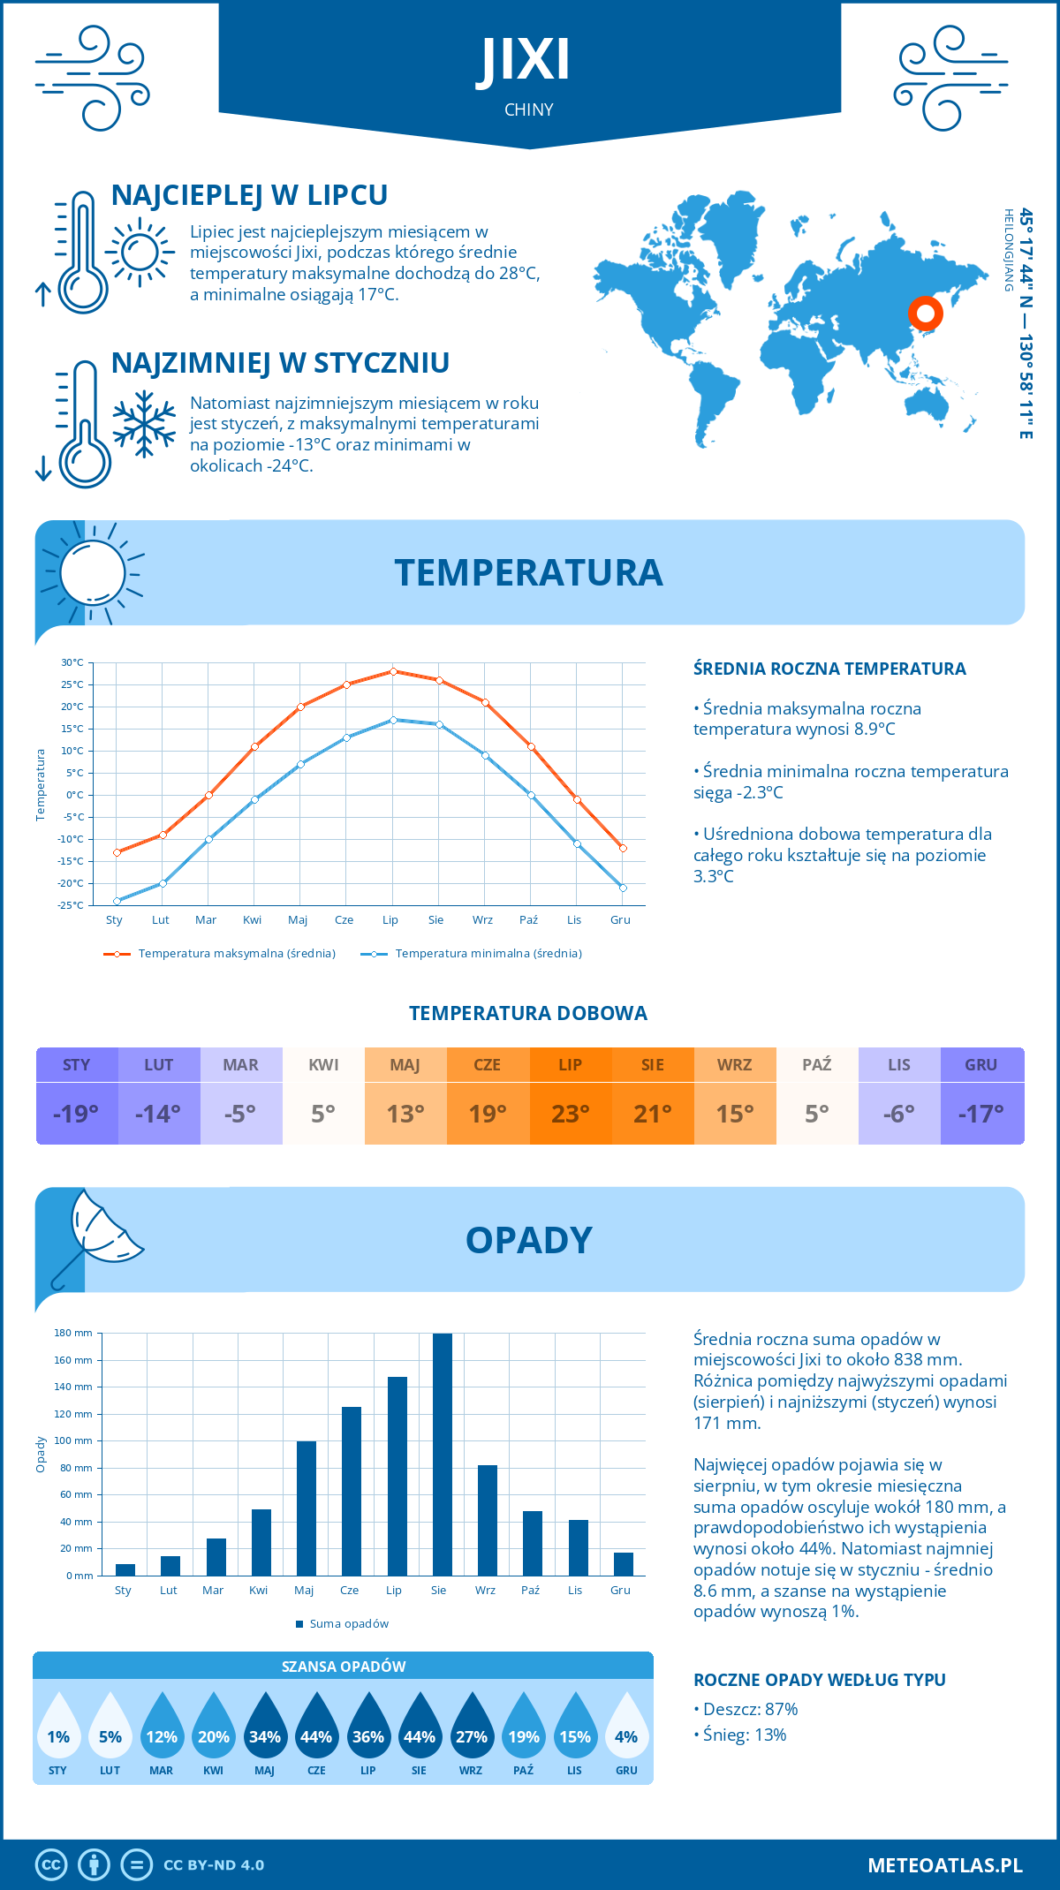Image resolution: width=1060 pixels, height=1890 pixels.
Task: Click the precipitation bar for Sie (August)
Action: coord(442,1455)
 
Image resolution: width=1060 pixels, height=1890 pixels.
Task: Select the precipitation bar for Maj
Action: coord(306,1508)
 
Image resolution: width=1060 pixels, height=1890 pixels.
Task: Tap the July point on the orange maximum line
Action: coord(393,671)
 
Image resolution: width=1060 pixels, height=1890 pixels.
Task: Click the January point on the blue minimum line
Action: coord(117,901)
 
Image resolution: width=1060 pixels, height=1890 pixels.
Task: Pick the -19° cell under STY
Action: coord(76,1114)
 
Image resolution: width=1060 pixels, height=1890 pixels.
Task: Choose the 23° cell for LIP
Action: coord(570,1114)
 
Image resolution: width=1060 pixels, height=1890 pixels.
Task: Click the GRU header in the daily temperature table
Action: coord(981,1065)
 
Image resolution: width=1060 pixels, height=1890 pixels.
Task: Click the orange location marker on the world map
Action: coord(926,313)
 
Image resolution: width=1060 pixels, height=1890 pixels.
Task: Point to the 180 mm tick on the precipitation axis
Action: coord(74,1334)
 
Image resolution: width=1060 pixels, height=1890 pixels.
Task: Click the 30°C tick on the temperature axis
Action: coord(72,662)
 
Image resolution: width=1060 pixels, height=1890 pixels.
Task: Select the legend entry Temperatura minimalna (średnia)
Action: coord(487,954)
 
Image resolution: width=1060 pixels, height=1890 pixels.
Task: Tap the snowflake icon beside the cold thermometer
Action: coord(144,424)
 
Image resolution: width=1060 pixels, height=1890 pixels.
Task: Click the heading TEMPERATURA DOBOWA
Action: coord(528,1014)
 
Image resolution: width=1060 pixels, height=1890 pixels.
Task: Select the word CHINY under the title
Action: coord(529,110)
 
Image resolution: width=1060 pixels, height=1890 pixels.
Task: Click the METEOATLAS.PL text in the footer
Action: coord(944,1865)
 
